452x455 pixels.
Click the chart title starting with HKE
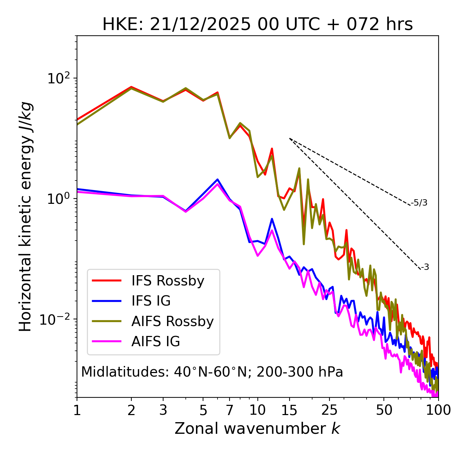(257, 25)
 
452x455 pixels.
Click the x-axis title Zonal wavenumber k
(257, 429)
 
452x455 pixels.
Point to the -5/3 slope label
(419, 203)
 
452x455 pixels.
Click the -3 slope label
(425, 267)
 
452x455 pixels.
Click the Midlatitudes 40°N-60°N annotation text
(212, 372)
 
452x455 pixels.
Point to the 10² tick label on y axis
(58, 78)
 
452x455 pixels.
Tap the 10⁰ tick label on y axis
(58, 199)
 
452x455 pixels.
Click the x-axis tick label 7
(230, 410)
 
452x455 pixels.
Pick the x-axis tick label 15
(290, 410)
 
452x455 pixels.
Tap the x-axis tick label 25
(329, 410)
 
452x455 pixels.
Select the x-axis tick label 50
(384, 410)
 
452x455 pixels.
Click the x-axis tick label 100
(438, 410)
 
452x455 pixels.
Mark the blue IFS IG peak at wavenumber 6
(218, 179)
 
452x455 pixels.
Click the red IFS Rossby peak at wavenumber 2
(131, 87)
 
